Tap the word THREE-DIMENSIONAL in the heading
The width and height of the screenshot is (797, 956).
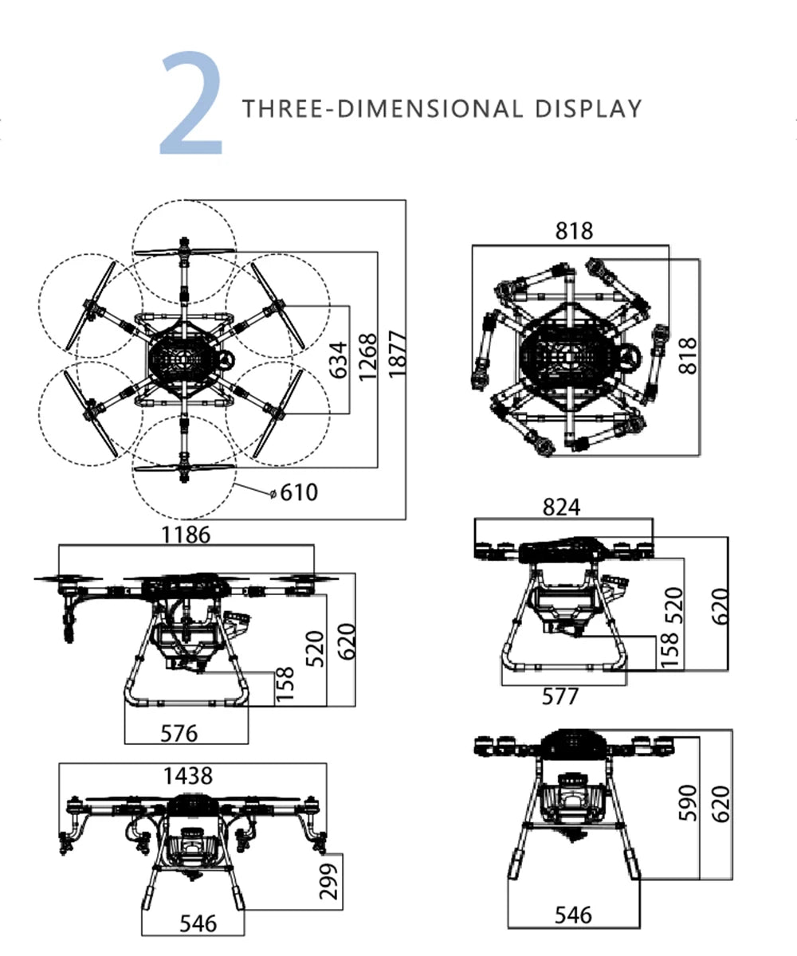tap(383, 108)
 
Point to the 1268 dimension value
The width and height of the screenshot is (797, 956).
tap(367, 357)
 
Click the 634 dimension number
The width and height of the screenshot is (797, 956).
tap(339, 359)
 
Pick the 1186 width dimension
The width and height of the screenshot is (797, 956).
tap(186, 535)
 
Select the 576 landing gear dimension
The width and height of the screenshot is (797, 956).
tap(179, 732)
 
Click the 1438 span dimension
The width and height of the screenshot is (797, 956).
tap(188, 775)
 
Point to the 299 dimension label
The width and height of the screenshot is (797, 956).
tap(329, 880)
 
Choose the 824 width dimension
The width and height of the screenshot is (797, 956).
tap(562, 507)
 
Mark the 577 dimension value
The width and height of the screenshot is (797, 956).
tap(560, 696)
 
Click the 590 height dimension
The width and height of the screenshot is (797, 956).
tap(688, 802)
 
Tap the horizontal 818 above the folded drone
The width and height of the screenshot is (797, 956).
tap(575, 231)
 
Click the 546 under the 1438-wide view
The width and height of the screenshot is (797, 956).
tap(198, 923)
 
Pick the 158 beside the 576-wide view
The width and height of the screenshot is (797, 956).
tap(285, 686)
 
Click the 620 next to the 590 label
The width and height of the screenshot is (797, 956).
tap(720, 805)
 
